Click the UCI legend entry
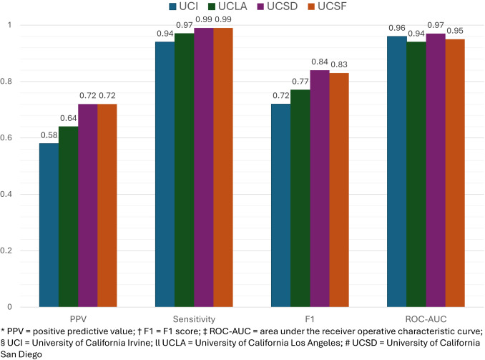tap(184, 8)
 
